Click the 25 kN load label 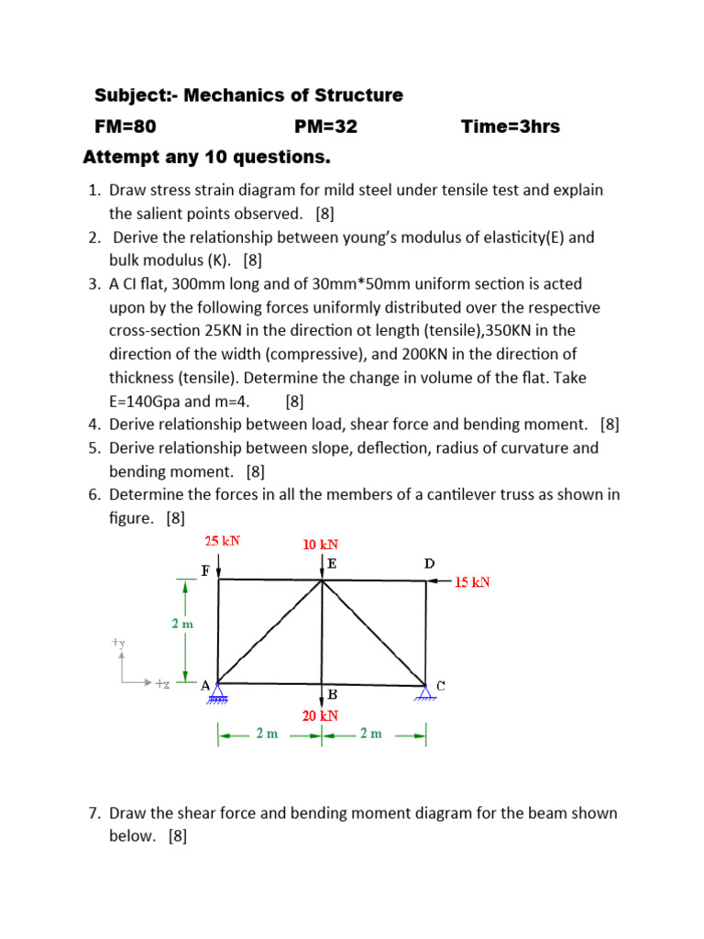tap(223, 541)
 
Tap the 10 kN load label tap(321, 545)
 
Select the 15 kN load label tap(472, 581)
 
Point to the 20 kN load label tap(321, 715)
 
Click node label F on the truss tap(205, 569)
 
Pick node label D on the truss tap(429, 564)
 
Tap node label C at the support tap(441, 685)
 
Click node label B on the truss tap(333, 694)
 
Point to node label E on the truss tap(332, 565)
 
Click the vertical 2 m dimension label tap(182, 624)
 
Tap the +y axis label tap(118, 644)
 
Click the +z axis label tap(161, 683)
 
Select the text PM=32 tap(325, 127)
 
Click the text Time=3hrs tap(511, 127)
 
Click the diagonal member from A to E tap(269, 632)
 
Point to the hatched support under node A tap(217, 697)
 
